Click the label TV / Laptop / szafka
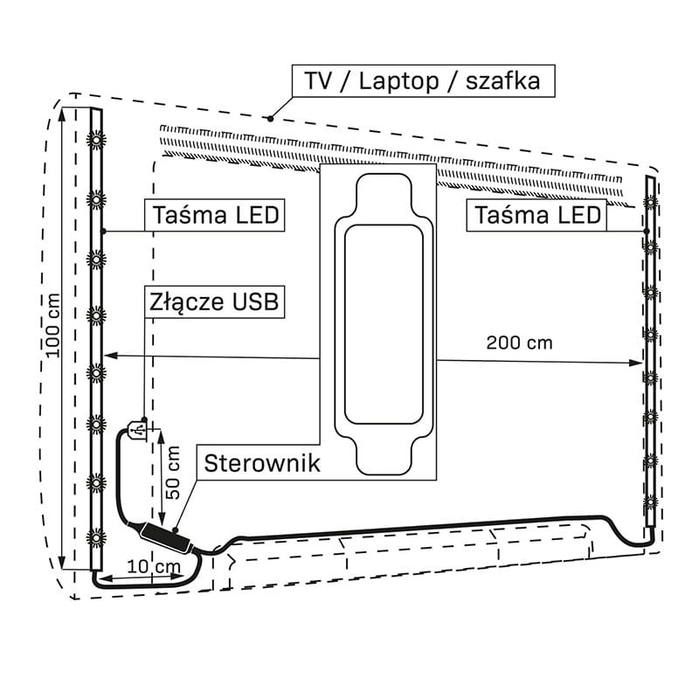tap(423, 81)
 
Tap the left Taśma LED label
tap(218, 215)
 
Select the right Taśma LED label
tap(536, 215)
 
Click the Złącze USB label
tap(214, 302)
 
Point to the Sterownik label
tap(261, 463)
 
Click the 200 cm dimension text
tap(519, 343)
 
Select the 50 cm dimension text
tap(173, 472)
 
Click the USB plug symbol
tap(136, 432)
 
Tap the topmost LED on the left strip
tap(96, 138)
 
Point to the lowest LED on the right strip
tap(650, 502)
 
